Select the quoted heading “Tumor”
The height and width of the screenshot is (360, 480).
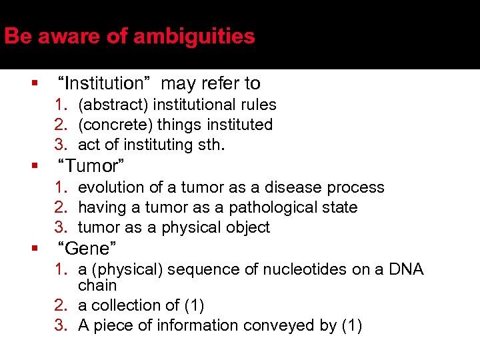pos(91,165)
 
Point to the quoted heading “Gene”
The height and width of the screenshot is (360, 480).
pos(87,249)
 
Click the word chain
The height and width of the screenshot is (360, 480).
pos(97,285)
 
